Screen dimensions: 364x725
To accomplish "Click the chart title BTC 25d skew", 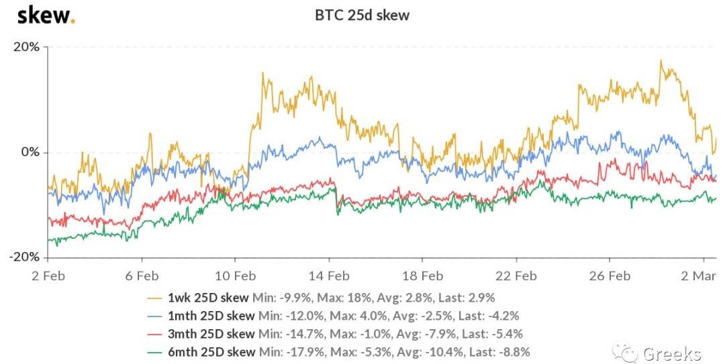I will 362,15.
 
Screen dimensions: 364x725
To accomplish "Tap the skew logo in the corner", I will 46,14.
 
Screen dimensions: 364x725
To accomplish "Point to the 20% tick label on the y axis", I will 26,47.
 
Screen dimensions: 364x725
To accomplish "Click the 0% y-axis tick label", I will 30,152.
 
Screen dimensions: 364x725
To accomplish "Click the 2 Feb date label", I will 48,276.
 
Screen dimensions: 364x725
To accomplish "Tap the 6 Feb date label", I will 142,276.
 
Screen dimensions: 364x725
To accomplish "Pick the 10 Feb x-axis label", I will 235,276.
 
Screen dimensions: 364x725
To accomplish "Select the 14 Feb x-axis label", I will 329,276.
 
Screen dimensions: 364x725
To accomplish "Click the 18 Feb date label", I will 422,276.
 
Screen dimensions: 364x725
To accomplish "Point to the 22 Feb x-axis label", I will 516,276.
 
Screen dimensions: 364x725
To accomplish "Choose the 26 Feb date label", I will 609,276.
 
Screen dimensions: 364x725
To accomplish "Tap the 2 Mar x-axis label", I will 702,276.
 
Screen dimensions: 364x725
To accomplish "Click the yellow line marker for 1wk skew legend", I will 156,298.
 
